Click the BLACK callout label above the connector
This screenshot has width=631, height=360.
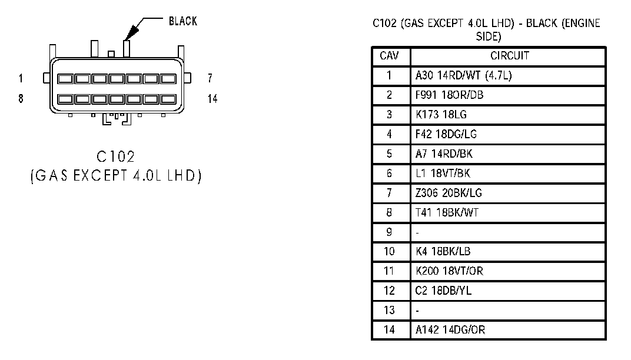[x=182, y=21]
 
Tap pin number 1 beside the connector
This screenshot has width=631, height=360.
[x=21, y=78]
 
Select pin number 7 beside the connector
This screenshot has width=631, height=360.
[x=210, y=78]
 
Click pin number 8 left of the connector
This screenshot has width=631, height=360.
[x=21, y=99]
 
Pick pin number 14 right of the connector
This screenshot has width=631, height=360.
[x=212, y=99]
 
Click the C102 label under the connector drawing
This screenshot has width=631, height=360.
[x=116, y=156]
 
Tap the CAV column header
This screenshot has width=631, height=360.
[x=389, y=55]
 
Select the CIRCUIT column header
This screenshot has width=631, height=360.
[x=510, y=55]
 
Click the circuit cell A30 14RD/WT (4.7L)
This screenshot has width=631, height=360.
[x=464, y=76]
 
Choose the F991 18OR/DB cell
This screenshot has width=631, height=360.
[x=449, y=95]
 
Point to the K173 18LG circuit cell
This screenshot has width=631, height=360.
[x=441, y=115]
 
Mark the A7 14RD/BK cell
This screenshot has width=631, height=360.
[x=444, y=154]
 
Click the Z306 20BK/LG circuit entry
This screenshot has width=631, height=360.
[x=449, y=193]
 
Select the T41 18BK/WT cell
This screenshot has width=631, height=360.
[x=447, y=212]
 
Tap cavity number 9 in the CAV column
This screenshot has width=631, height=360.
[x=389, y=232]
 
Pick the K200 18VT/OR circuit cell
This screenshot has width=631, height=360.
[x=449, y=271]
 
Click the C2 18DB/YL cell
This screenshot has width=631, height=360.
[x=443, y=291]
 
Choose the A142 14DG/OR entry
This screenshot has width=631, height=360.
[x=450, y=330]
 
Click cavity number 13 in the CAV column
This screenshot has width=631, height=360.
[x=389, y=310]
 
